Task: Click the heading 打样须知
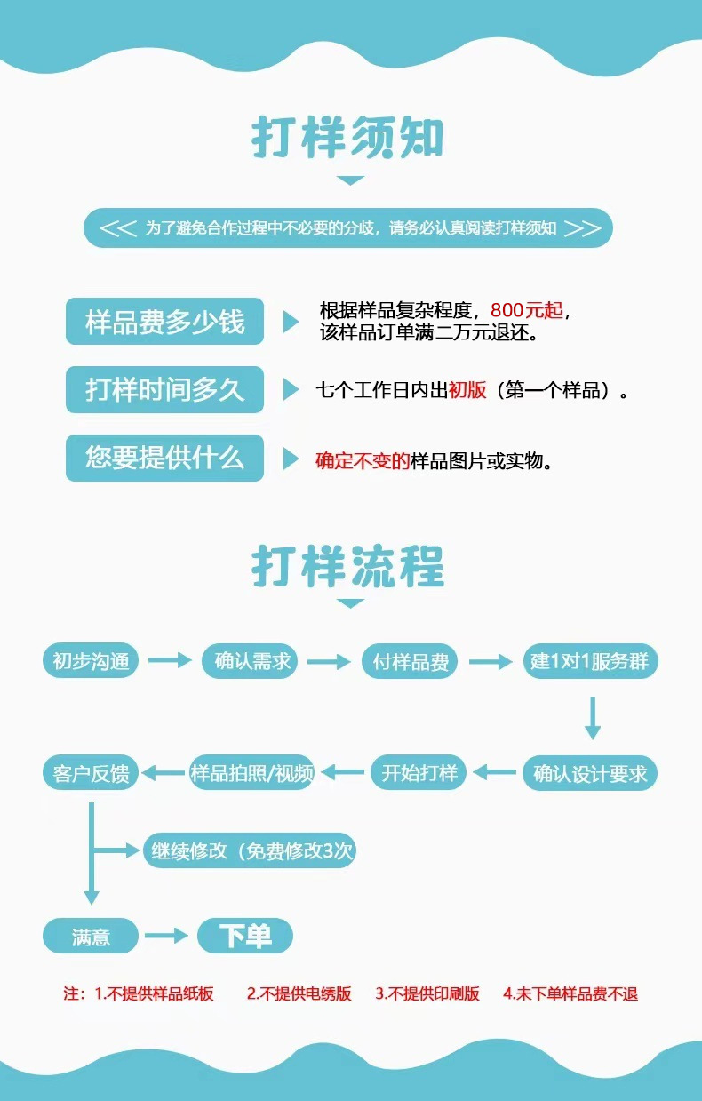[x=347, y=137]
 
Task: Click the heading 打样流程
[x=347, y=566]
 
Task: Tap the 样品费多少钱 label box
[x=165, y=321]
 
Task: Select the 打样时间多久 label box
[x=165, y=389]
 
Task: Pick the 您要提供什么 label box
[x=165, y=458]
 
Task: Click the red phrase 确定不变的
[x=363, y=461]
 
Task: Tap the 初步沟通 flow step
[x=91, y=661]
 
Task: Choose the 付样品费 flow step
[x=410, y=661]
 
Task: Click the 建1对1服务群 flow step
[x=591, y=661]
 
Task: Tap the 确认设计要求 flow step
[x=591, y=773]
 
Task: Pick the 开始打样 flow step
[x=419, y=773]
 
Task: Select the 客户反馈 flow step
[x=91, y=773]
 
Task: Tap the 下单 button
[x=244, y=936]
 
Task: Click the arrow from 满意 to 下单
[x=166, y=936]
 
